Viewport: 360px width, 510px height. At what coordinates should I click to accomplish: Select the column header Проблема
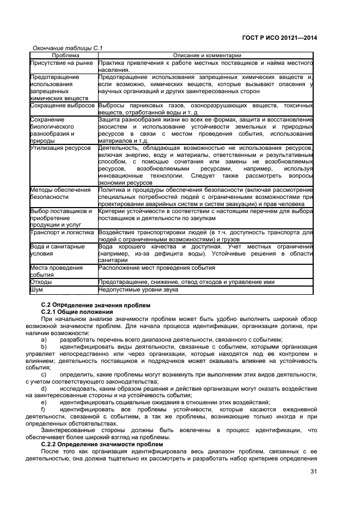[x=65, y=56]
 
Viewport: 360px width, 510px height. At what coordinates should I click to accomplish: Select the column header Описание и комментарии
[x=206, y=56]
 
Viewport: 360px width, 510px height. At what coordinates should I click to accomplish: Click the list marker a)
[x=44, y=339]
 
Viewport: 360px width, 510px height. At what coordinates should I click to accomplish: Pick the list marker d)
[x=44, y=388]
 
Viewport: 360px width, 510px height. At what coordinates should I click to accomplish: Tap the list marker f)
[x=44, y=409]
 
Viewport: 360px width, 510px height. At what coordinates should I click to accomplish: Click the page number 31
[x=314, y=472]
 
